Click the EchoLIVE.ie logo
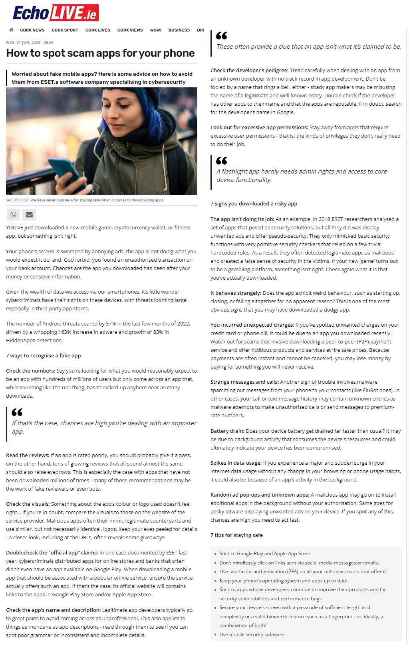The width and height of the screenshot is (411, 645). coord(56,13)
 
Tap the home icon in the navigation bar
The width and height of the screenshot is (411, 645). coord(11,30)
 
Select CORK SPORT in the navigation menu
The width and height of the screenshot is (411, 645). coord(65,30)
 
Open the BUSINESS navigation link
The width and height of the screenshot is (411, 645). coord(179,30)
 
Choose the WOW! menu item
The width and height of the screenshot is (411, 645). coord(155,30)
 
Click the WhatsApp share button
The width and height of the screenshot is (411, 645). coord(13,215)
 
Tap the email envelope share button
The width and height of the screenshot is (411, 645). coord(29,215)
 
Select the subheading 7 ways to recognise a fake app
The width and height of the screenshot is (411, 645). coord(43,355)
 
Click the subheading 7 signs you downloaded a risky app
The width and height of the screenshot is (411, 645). coord(254,203)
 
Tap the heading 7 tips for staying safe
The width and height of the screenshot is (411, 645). coord(236,535)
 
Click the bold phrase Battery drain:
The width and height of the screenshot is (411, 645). coord(227,431)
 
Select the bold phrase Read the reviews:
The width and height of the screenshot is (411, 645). coord(28,455)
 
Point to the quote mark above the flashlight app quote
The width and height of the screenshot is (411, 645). coord(221,161)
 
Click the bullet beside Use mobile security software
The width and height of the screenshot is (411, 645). coord(215,635)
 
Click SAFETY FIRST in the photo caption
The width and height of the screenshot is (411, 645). coord(18,200)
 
